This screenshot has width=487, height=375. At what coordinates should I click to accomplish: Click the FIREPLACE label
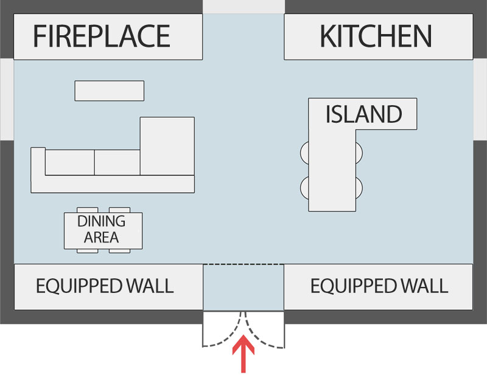coord(101,36)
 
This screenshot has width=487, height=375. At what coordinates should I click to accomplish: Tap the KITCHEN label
coord(376,36)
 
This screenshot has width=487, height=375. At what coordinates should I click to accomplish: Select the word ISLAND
coord(363,114)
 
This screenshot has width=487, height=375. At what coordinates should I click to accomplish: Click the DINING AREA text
coord(101,229)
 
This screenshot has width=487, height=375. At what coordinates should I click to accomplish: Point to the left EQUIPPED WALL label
coord(104,286)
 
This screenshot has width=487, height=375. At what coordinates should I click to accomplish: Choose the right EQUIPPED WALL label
coord(379,286)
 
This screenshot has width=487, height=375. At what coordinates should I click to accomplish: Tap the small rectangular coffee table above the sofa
coord(109,91)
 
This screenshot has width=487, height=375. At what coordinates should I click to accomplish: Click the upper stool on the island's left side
coord(304,152)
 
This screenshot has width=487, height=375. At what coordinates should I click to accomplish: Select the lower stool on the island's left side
coord(304,187)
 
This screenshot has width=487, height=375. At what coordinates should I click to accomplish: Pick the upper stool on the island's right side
coord(359,152)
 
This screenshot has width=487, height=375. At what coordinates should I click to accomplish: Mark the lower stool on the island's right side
coord(359,187)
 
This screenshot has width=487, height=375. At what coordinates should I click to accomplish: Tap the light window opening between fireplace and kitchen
coord(243,6)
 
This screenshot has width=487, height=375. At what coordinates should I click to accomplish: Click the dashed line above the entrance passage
coord(243,264)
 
